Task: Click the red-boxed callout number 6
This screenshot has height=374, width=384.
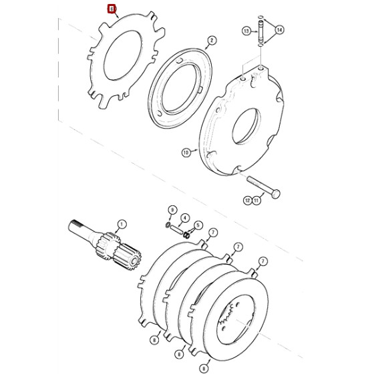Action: click(112, 9)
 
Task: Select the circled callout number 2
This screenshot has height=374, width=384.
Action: click(211, 41)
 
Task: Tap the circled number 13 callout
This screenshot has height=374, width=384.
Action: click(246, 31)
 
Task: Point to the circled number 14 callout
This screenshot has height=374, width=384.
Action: click(279, 30)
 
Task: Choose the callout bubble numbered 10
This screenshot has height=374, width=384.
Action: click(186, 153)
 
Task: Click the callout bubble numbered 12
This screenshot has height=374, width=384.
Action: click(246, 199)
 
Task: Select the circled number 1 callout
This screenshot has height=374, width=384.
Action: click(122, 224)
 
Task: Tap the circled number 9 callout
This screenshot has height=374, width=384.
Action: click(172, 210)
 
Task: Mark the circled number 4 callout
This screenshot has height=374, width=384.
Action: click(185, 218)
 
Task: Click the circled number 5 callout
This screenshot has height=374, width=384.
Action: click(198, 226)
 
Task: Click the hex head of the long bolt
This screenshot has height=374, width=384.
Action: click(276, 193)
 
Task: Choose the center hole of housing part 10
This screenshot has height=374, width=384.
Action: click(244, 125)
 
